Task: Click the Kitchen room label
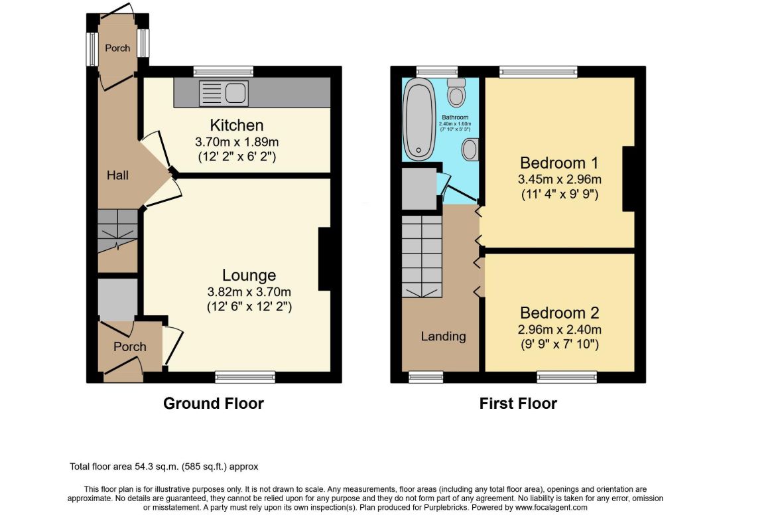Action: (x=237, y=125)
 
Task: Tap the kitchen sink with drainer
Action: (x=224, y=92)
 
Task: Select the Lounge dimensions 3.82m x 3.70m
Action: (x=249, y=291)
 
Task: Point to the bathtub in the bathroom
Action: (x=419, y=119)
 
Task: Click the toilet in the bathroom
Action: (x=456, y=93)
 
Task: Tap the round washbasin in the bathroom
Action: (x=470, y=149)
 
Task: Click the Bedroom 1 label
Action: (x=554, y=163)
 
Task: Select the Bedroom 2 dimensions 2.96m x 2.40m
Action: (x=559, y=329)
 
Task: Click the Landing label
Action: (x=443, y=336)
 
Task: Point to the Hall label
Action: (x=118, y=175)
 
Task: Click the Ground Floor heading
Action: (x=214, y=403)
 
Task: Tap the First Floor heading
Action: (x=518, y=403)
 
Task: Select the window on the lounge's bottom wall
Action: (x=245, y=377)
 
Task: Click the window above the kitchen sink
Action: (x=224, y=71)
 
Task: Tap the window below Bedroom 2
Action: (x=566, y=377)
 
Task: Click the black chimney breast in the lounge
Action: (x=324, y=260)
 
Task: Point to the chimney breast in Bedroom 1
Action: (x=628, y=179)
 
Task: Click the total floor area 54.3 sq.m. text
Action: (x=168, y=467)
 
